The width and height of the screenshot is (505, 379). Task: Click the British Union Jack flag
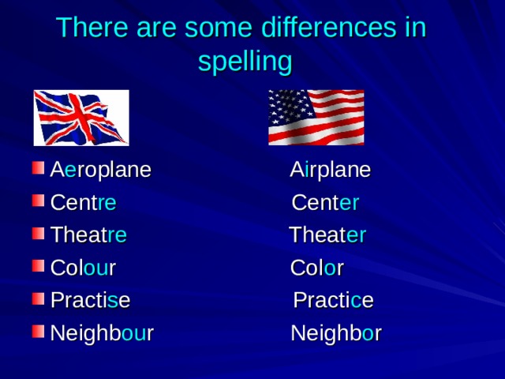tap(80, 118)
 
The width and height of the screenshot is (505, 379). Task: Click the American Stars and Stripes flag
tap(316, 118)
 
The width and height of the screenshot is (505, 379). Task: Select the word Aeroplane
tap(100, 171)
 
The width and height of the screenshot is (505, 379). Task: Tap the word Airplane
tap(330, 171)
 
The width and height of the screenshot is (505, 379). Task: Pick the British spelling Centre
tap(83, 203)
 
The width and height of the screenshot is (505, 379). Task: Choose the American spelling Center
tap(325, 203)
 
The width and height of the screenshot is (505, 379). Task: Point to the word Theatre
tap(88, 235)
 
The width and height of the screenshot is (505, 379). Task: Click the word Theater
tap(327, 235)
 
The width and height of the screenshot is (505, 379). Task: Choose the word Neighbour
tap(101, 333)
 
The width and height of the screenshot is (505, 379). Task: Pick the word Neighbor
tap(336, 333)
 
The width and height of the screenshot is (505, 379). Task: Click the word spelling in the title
tap(245, 61)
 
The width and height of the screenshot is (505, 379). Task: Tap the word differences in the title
tap(310, 28)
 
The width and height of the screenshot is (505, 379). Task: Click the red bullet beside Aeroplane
tap(37, 169)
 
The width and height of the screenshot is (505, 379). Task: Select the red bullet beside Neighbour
tap(37, 332)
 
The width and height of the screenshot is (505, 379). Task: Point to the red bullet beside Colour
tap(37, 266)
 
